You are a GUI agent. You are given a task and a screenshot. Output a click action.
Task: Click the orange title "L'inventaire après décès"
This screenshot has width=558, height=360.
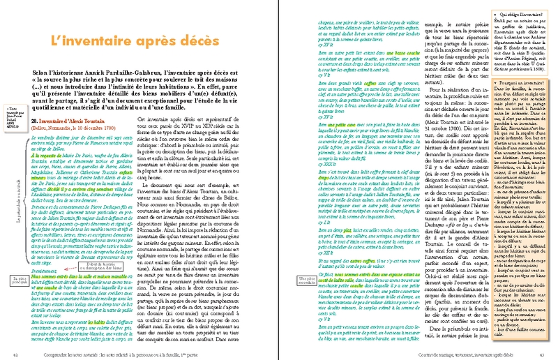click(x=139, y=41)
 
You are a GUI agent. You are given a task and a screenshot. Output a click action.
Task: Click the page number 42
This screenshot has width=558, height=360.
click(x=15, y=354)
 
